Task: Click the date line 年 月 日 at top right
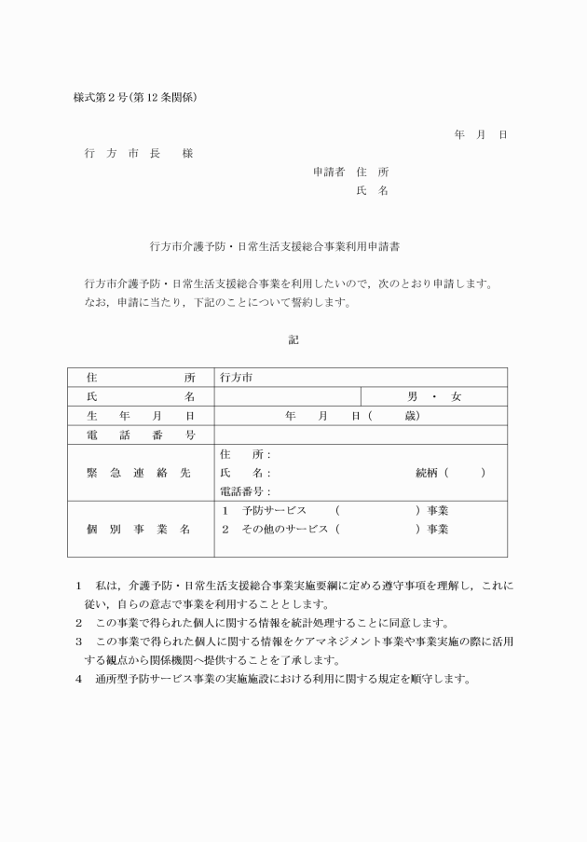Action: pos(481,135)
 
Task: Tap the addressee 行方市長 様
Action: pos(138,154)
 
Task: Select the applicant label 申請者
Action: pos(329,172)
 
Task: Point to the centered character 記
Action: pos(293,340)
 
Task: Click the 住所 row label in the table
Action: pos(141,378)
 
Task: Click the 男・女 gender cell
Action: pos(434,396)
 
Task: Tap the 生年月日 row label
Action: pos(141,416)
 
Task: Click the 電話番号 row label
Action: pos(141,435)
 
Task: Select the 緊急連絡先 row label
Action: pos(141,473)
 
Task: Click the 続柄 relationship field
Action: pos(450,473)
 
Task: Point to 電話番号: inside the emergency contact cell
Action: pos(245,491)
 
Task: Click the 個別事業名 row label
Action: pos(141,530)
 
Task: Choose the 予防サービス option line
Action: pos(335,511)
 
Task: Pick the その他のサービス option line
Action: pos(335,530)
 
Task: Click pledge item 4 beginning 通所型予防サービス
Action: pos(280,679)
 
